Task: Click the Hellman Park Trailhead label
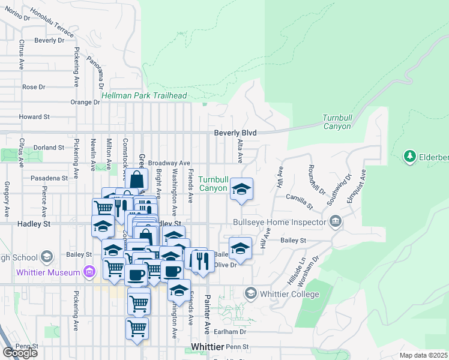[x=144, y=95]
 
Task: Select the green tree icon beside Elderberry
[x=411, y=156]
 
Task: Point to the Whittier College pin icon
[x=250, y=293]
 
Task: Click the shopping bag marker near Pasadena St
[x=137, y=178]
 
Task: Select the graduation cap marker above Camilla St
[x=241, y=189]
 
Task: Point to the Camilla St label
[x=300, y=201]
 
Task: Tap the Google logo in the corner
[x=20, y=352]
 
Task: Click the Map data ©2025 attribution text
[x=423, y=355]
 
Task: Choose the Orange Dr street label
[x=85, y=103]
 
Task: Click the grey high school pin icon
[x=46, y=257]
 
